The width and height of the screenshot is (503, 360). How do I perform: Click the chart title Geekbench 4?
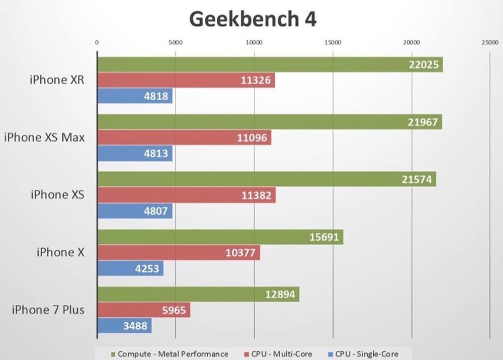pos(253,19)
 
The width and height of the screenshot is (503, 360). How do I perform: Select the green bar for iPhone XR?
pos(270,64)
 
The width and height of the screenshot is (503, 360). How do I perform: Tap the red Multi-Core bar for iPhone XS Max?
pos(184,137)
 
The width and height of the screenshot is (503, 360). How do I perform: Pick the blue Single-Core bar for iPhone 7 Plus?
pos(124,326)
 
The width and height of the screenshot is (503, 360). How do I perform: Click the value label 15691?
pos(323,237)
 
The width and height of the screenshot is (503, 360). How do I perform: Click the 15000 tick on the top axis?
pos(333,43)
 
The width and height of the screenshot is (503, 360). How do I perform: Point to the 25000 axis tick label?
pos(490,43)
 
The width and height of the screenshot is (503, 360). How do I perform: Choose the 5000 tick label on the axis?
pos(176,43)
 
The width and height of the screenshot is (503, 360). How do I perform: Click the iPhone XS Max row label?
pos(44,137)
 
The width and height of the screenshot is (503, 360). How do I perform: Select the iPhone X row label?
pos(59,252)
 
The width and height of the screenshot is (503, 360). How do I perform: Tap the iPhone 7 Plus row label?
pos(48,310)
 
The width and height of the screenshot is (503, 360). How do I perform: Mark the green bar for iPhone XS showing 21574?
pos(267,179)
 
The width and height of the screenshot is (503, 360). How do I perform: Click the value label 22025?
pos(424,64)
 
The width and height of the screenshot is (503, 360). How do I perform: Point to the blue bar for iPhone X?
pos(130,268)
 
